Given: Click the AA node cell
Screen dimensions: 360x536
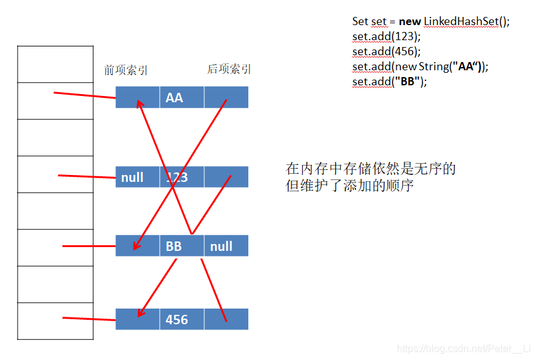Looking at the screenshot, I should (x=181, y=98).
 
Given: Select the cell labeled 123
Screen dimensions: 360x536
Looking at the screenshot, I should (x=181, y=177).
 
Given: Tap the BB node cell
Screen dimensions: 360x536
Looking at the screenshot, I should (x=181, y=246).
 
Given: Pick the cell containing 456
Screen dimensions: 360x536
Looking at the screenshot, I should (x=181, y=319).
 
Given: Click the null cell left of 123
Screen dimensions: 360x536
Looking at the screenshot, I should (x=137, y=177).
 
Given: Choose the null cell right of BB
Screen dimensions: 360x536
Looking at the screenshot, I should (x=226, y=246).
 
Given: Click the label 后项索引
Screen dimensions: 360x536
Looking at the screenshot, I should (x=229, y=70).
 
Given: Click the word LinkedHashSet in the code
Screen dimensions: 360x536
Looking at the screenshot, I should (x=461, y=21).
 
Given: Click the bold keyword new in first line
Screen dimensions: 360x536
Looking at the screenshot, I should (x=409, y=21).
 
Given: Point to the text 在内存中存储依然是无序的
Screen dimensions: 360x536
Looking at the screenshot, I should (x=370, y=169).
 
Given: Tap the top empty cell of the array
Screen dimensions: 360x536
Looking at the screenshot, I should (x=55, y=64).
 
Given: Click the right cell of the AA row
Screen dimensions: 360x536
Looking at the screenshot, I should (x=226, y=98).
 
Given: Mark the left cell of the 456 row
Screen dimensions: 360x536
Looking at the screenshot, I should (x=137, y=319).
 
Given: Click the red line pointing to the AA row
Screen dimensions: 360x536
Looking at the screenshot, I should (x=85, y=95).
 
